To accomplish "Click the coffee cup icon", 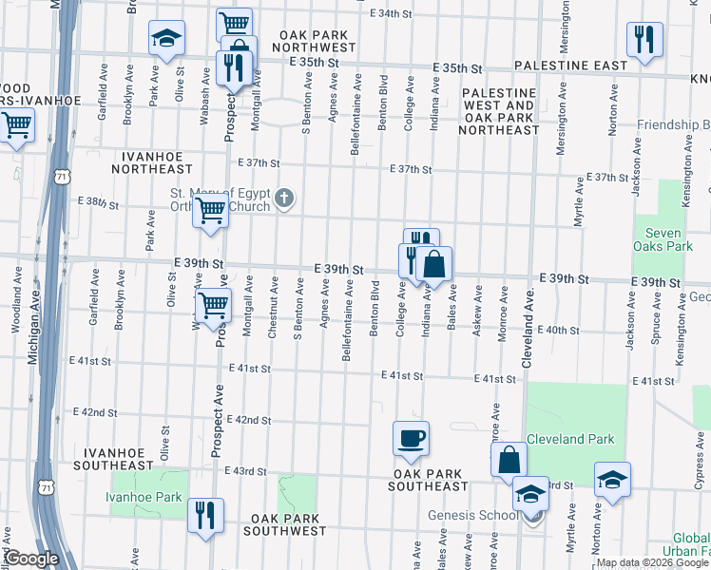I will [411, 439].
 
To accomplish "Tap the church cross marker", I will [284, 199].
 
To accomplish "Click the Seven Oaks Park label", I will [663, 238].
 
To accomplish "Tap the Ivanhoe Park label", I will [143, 497].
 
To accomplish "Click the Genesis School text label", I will [473, 515].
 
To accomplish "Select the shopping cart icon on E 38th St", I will [210, 211].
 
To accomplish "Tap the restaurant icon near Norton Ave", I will [644, 40].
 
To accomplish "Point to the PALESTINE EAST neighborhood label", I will [570, 66].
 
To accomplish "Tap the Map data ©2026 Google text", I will [651, 562].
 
